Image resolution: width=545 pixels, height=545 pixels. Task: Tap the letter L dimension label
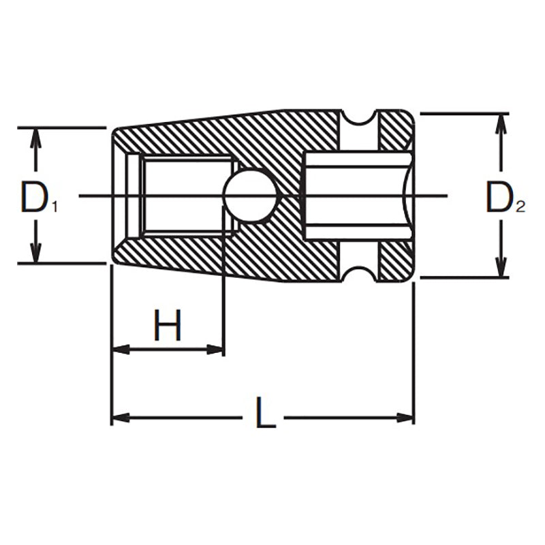point(265,414)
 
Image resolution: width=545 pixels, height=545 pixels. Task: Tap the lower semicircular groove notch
point(360,271)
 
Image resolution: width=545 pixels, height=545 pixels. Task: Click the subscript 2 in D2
point(520,208)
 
